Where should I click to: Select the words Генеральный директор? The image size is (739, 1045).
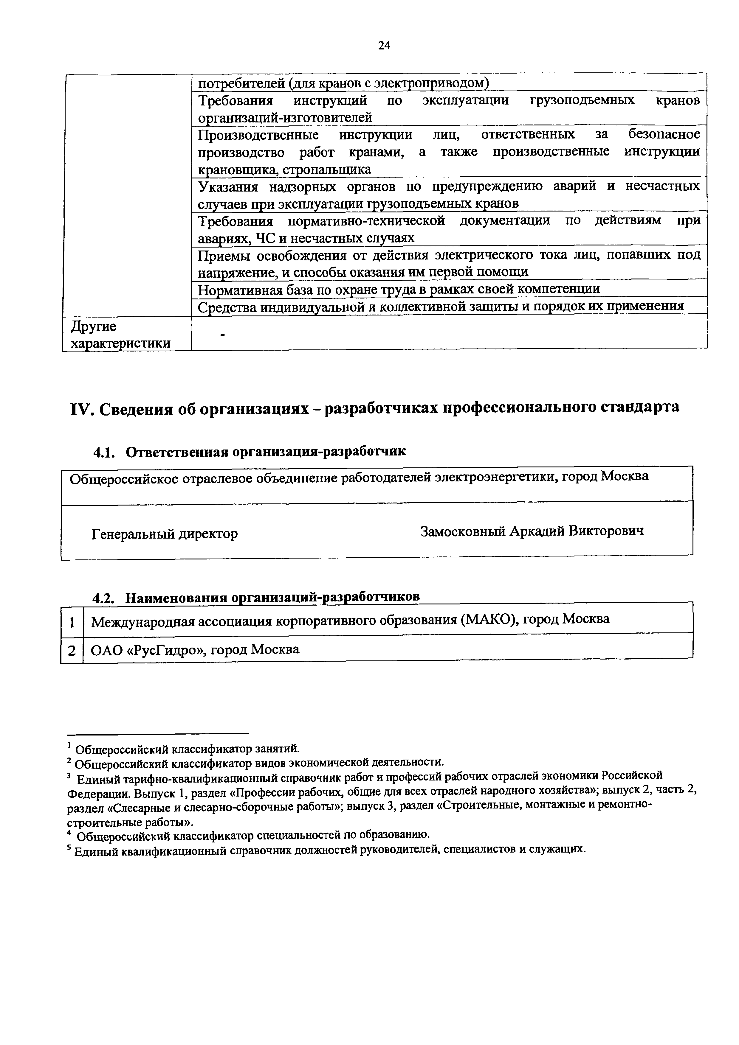coord(164,534)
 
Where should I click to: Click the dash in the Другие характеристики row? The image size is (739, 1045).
coord(223,335)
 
